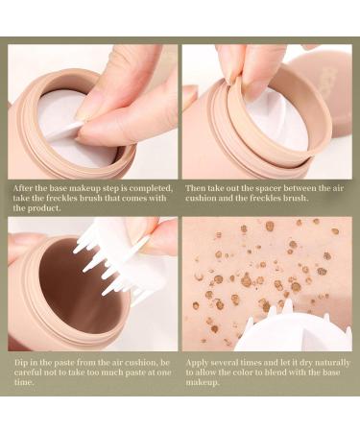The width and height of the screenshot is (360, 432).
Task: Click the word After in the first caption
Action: (x=21, y=187)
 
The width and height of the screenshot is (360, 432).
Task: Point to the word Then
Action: (x=196, y=187)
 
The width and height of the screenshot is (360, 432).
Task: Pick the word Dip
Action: (x=19, y=362)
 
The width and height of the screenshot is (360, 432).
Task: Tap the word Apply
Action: (x=200, y=362)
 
